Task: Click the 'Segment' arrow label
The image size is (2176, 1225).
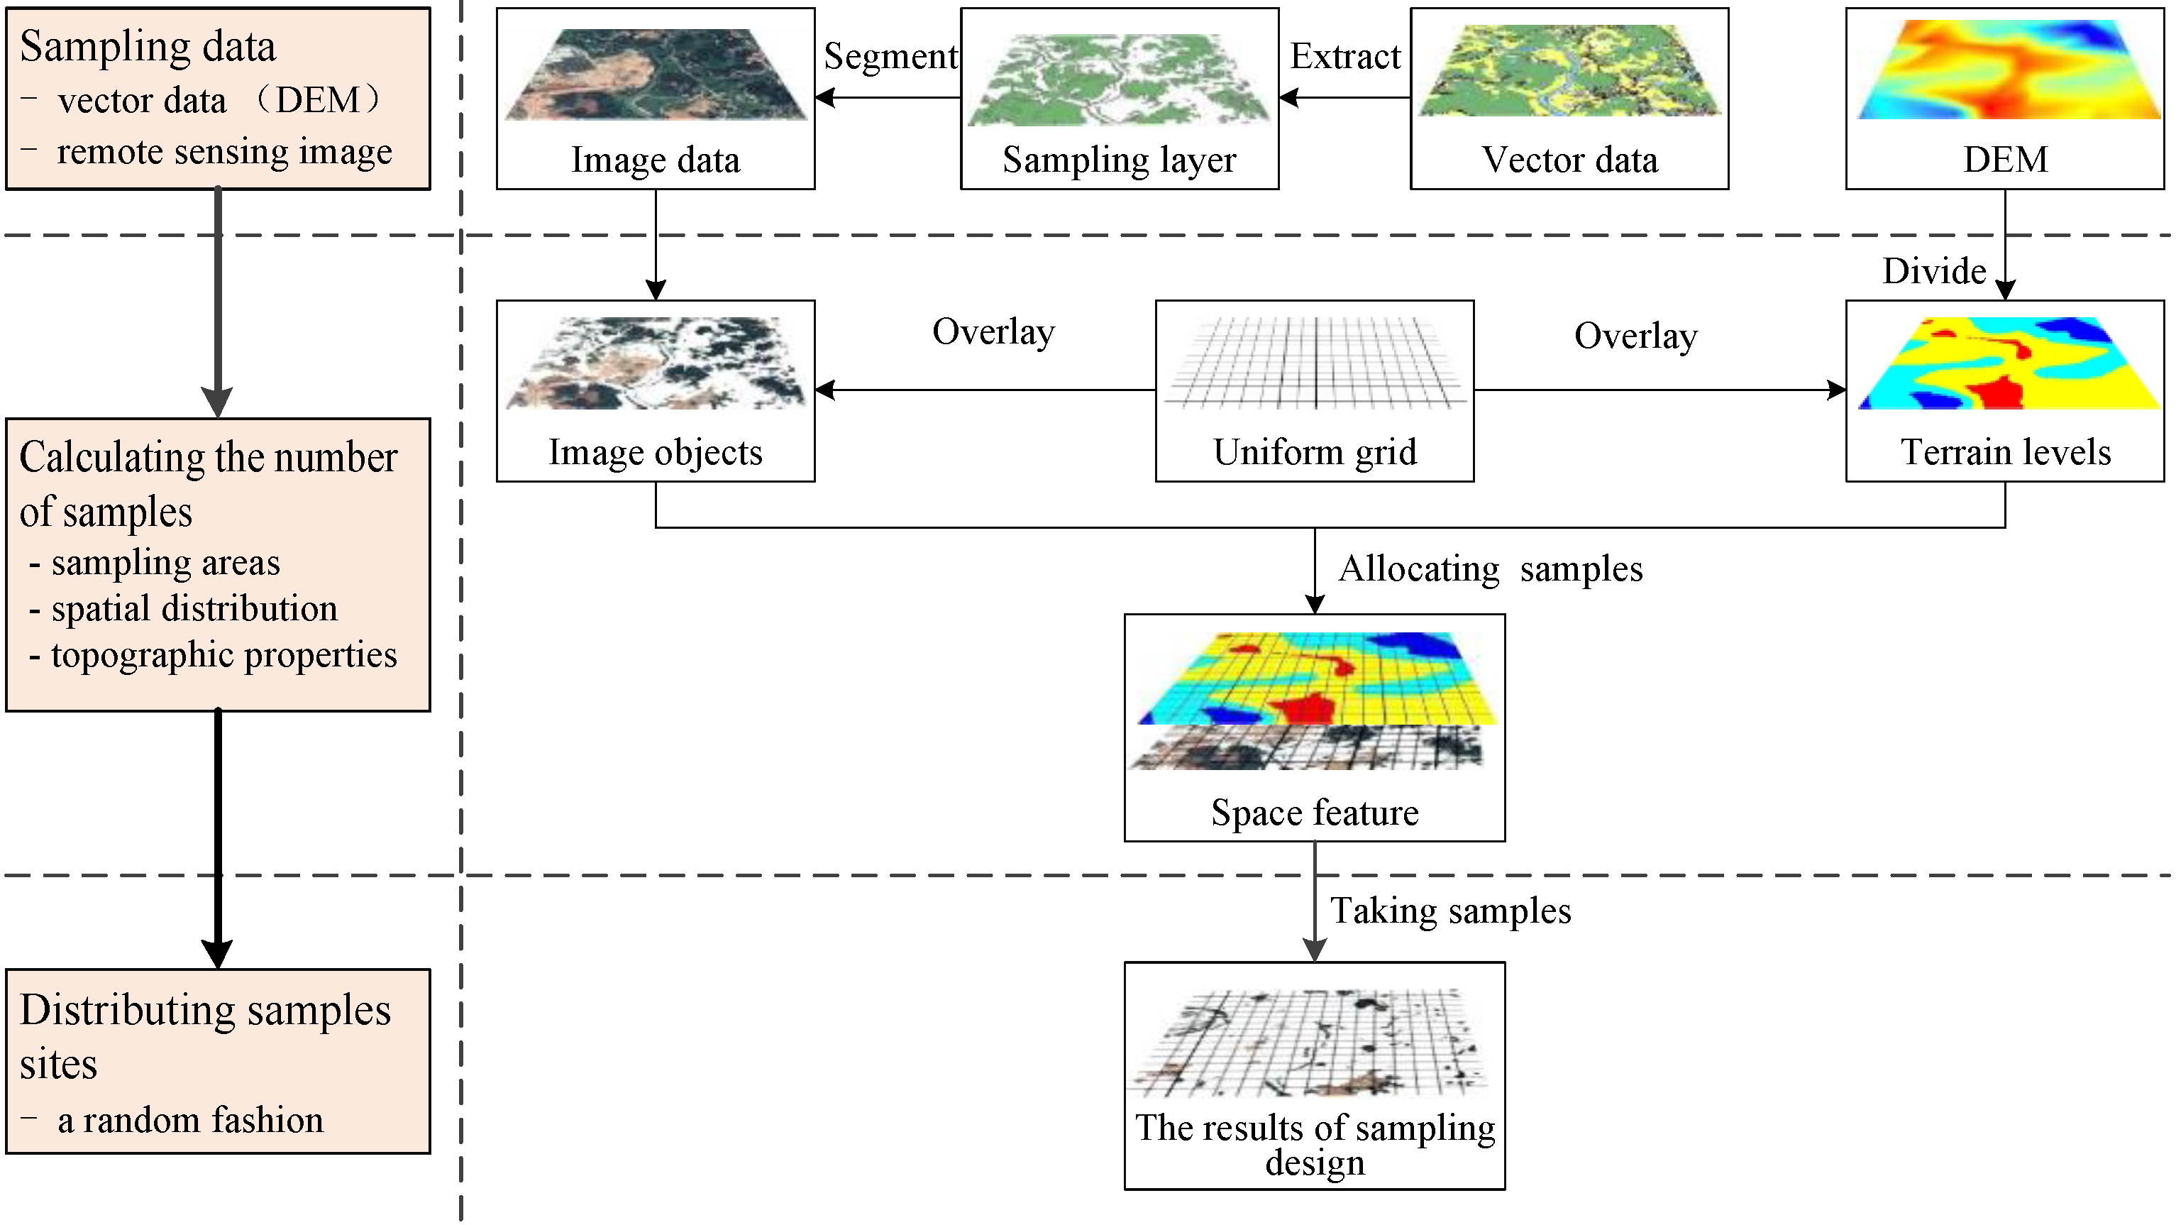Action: click(x=890, y=57)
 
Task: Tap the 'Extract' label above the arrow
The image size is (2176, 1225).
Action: click(x=1344, y=57)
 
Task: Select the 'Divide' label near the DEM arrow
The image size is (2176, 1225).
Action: click(x=1933, y=271)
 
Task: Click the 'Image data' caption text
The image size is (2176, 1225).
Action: click(x=656, y=160)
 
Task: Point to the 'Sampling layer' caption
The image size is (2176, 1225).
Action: click(x=1120, y=160)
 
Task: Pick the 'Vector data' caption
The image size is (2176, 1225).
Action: click(x=1569, y=160)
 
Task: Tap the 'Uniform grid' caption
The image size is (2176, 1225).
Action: click(x=1315, y=452)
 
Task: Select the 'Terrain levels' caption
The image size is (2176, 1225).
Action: click(x=2005, y=452)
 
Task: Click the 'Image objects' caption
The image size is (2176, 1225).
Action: click(x=656, y=452)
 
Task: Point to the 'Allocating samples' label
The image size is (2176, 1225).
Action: click(x=1490, y=568)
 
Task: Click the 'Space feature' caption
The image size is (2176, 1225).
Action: click(x=1315, y=813)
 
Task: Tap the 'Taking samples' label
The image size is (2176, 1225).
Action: click(x=1450, y=911)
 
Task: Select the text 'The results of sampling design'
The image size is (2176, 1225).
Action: click(x=1315, y=1144)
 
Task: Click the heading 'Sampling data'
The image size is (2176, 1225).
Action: click(x=148, y=46)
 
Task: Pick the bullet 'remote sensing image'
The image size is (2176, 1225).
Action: click(x=224, y=152)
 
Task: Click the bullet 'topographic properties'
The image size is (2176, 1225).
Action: click(x=224, y=655)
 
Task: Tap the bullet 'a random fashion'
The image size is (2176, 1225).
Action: click(x=190, y=1120)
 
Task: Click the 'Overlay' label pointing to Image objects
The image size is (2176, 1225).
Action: click(x=993, y=332)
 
